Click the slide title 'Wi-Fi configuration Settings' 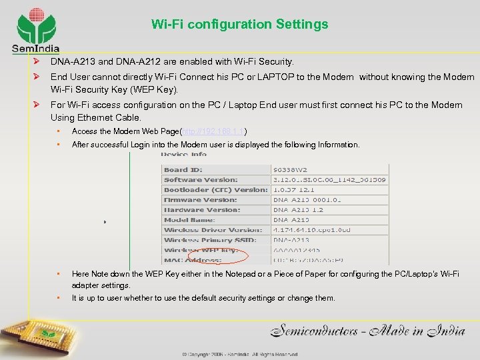pos(240,25)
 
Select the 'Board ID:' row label pos(183,170)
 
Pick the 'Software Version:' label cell pos(200,180)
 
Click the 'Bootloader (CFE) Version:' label pos(215,190)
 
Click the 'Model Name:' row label pos(189,220)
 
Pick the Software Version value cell pos(329,180)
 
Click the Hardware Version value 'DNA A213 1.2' pos(298,210)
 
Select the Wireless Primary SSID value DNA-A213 pos(291,240)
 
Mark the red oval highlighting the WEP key pos(219,256)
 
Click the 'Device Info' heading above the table pos(183,155)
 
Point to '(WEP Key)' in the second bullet pos(155,89)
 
